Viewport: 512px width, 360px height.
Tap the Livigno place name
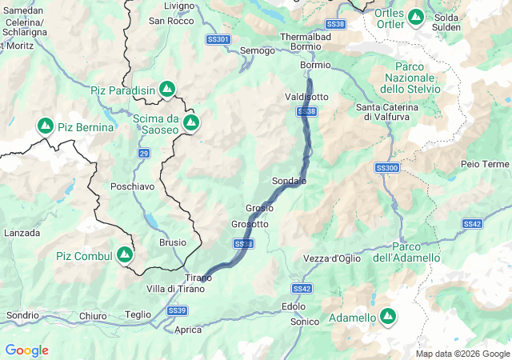[x=178, y=6]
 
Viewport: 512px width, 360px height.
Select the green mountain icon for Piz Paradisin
[x=167, y=90]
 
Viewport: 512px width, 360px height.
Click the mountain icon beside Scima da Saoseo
[x=191, y=122]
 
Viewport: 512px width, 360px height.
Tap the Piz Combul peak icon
[x=124, y=255]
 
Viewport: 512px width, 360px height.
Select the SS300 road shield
[x=386, y=168]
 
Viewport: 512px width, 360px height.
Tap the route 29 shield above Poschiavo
[x=143, y=152]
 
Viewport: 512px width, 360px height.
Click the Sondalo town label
[x=289, y=182]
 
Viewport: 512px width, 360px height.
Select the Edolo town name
[x=294, y=306]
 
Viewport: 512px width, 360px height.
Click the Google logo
[x=26, y=350]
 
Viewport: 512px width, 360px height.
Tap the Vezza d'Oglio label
[x=332, y=258]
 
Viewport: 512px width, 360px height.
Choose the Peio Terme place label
[x=485, y=164]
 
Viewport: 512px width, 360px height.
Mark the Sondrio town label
[x=22, y=315]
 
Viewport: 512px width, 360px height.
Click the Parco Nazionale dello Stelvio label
[x=417, y=78]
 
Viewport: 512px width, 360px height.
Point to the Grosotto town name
[x=250, y=224]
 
